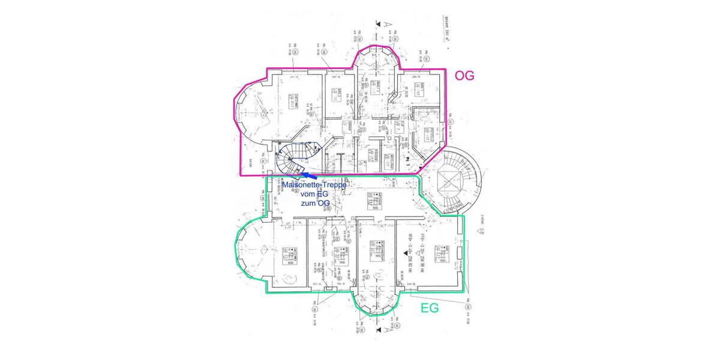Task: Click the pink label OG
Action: click(464, 76)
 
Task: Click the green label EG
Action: click(429, 308)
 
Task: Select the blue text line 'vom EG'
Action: click(313, 195)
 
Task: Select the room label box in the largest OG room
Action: click(294, 101)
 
